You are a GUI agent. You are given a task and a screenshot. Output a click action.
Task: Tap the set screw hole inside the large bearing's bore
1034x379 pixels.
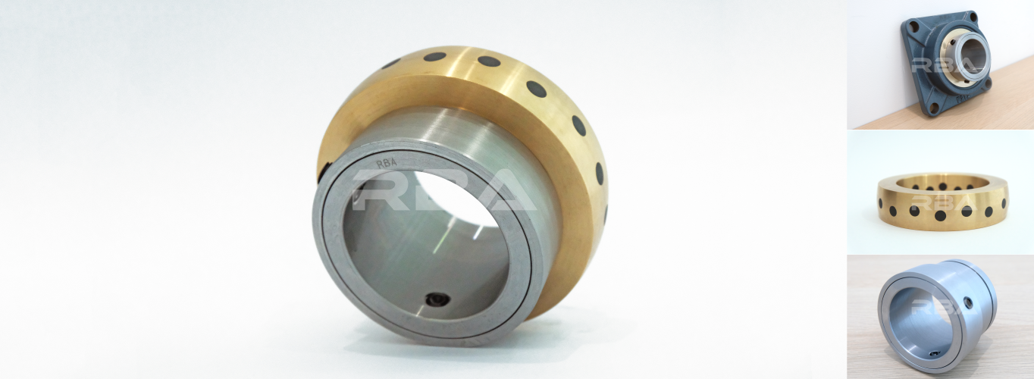pos(435,299)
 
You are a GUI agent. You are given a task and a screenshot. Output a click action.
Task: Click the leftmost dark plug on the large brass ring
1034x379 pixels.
pos(391,63)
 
